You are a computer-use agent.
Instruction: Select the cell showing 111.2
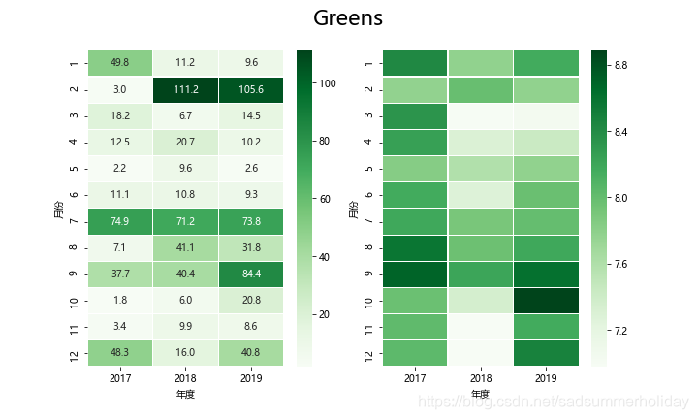(186, 90)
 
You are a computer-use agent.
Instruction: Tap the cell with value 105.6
(252, 90)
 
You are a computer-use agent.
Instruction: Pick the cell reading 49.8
(120, 64)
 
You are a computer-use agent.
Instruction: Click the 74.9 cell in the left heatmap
(120, 221)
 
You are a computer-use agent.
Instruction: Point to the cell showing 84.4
(252, 274)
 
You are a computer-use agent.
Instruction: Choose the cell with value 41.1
(186, 247)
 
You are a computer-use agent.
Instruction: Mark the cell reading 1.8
(120, 300)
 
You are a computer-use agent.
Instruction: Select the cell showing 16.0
(186, 352)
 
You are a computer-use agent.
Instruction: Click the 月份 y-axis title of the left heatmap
(58, 208)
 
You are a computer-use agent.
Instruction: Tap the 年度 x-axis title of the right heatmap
(481, 395)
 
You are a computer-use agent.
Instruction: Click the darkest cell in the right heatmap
(547, 300)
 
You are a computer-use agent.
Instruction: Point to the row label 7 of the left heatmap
(74, 221)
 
